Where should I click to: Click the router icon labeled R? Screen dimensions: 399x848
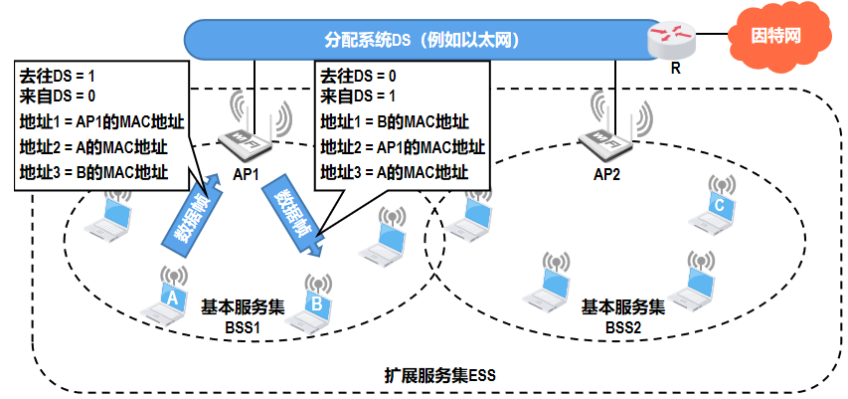665,40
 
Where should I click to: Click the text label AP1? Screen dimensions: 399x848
247,174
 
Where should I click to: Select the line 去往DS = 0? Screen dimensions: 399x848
358,76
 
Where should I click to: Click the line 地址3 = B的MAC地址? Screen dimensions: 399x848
93,171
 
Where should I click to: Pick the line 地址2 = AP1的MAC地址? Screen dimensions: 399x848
402,147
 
